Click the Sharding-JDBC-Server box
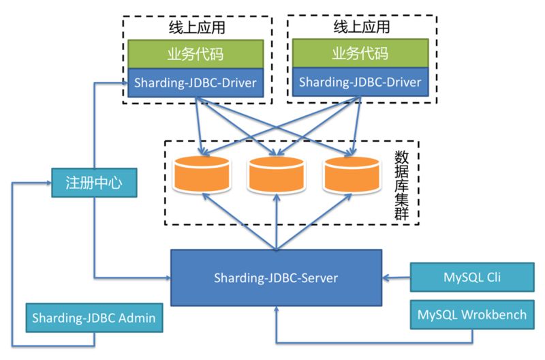pyautogui.click(x=276, y=277)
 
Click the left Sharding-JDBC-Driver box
pyautogui.click(x=196, y=83)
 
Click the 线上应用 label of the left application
pyautogui.click(x=196, y=28)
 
